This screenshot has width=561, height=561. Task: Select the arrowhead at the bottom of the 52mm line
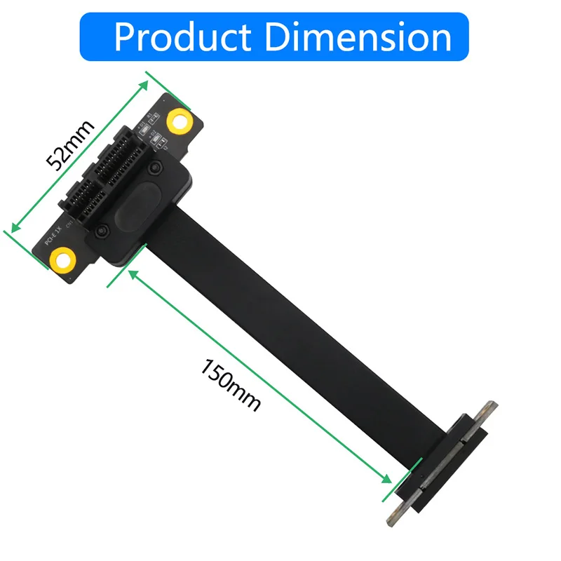[13, 227]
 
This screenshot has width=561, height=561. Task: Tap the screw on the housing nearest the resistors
[159, 168]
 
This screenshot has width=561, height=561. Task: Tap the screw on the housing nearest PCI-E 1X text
[103, 231]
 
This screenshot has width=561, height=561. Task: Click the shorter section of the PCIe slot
[79, 207]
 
